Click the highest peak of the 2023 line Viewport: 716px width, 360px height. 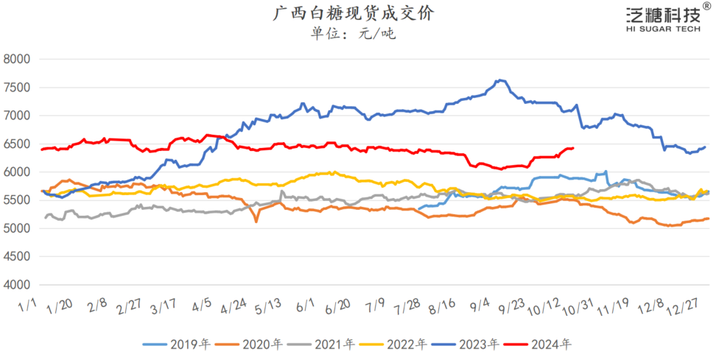coord(501,80)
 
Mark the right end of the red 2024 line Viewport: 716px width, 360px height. coord(573,148)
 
